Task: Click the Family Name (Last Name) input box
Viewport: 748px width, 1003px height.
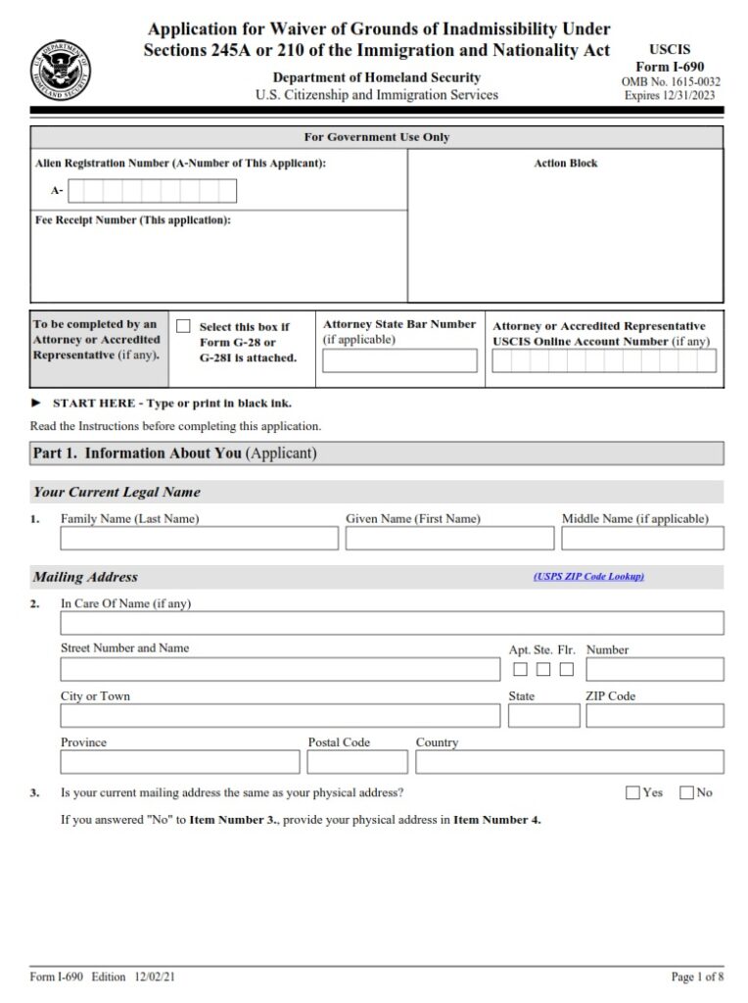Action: [x=199, y=539]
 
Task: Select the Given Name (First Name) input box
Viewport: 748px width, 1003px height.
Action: [x=448, y=539]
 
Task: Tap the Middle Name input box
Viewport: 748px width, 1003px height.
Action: [x=642, y=539]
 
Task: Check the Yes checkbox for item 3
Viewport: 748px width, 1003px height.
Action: [x=632, y=792]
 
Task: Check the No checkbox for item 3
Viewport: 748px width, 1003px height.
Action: [x=685, y=792]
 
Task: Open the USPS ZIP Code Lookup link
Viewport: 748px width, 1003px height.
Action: [x=588, y=577]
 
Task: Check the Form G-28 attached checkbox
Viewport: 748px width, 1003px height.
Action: [x=183, y=326]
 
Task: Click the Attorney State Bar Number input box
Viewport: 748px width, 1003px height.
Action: [x=399, y=361]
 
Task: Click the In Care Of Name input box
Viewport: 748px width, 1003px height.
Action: [x=392, y=623]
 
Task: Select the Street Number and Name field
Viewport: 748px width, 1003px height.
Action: [x=280, y=669]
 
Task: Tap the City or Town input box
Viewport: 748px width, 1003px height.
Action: [x=280, y=716]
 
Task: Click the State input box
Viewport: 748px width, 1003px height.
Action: [x=543, y=716]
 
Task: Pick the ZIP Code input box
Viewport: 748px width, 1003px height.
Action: [x=654, y=716]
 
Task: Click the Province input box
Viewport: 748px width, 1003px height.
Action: [x=180, y=762]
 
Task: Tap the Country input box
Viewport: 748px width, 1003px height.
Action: [x=569, y=762]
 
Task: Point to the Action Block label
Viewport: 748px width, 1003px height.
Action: [x=565, y=164]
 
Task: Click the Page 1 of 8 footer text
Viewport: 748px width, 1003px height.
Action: [x=697, y=978]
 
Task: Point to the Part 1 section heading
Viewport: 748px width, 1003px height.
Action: [x=174, y=454]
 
